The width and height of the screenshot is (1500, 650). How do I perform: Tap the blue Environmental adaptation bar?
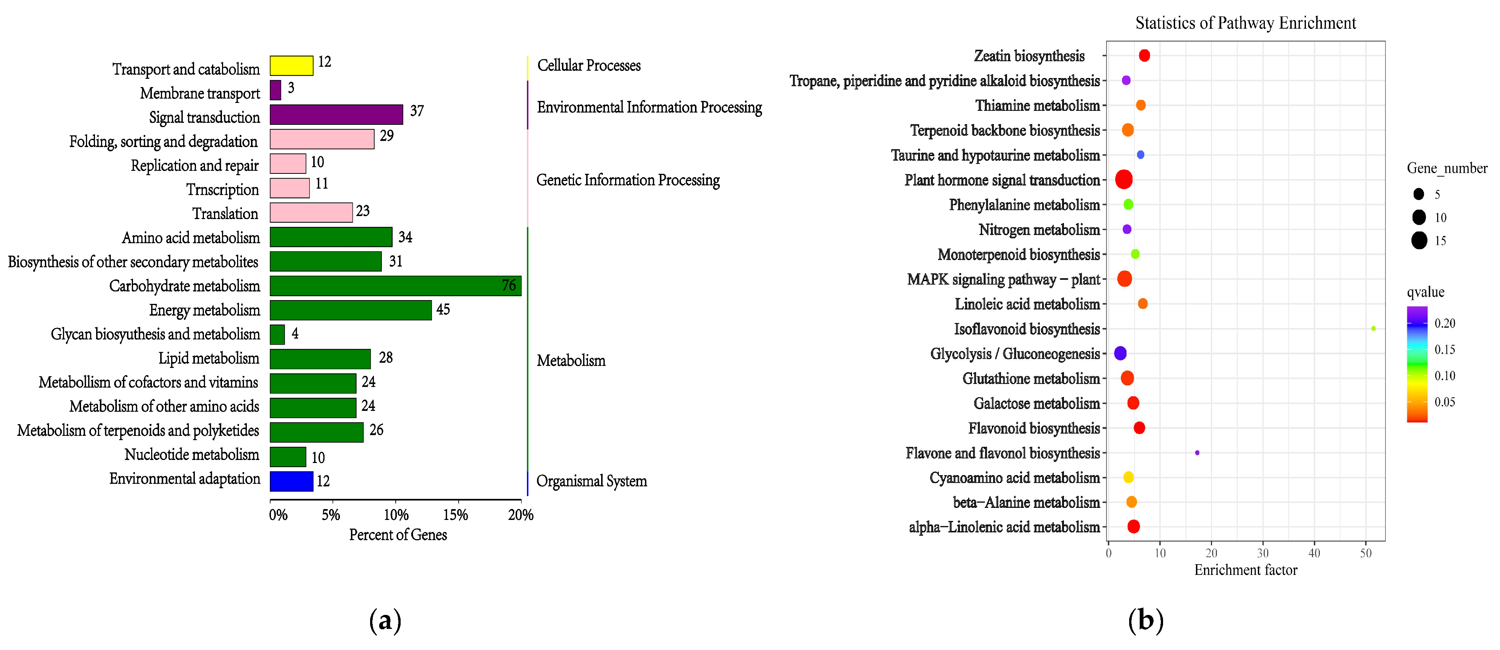[x=291, y=481]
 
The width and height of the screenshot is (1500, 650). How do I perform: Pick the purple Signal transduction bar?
[x=336, y=115]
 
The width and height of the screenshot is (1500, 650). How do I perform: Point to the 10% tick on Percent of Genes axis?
[x=396, y=515]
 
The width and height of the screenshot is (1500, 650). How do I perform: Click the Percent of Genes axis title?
[x=398, y=535]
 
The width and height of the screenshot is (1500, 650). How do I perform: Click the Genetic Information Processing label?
[x=628, y=180]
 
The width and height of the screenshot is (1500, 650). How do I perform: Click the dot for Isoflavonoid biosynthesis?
[x=1373, y=328]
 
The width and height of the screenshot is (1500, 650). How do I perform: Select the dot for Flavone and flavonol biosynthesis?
[x=1197, y=452]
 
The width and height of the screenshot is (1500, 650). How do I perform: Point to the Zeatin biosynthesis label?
[x=1029, y=56]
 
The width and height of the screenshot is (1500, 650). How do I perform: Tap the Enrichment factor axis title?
[x=1246, y=570]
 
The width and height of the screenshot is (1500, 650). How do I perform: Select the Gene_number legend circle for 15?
[x=1419, y=240]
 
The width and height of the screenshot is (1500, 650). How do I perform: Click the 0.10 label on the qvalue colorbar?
[x=1444, y=376]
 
